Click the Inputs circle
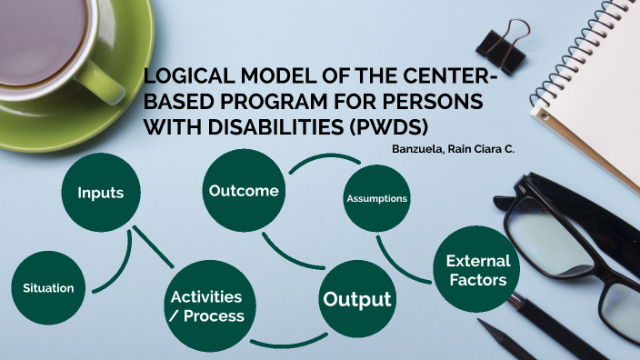tap(100, 193)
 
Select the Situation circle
tap(49, 287)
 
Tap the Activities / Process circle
tap(206, 306)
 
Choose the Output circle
tap(357, 299)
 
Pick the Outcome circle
tap(243, 191)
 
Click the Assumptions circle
tap(376, 198)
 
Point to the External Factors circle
tap(477, 271)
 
